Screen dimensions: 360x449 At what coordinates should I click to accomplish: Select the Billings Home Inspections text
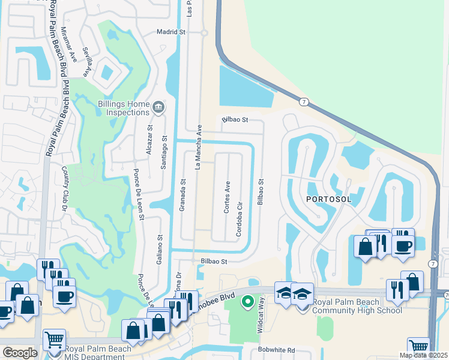tap(123, 108)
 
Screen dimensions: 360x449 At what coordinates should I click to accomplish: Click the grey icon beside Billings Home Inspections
tap(158, 108)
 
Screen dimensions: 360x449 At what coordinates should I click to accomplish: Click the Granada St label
tap(182, 194)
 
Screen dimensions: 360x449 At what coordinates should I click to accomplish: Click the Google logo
tap(20, 352)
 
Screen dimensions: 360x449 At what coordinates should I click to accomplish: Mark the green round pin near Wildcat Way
tap(246, 301)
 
